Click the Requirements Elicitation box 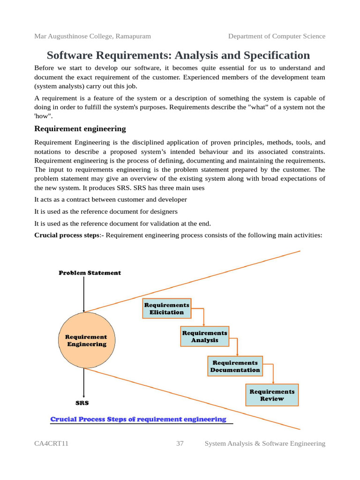[x=166, y=308]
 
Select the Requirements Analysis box [x=204, y=337]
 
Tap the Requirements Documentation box [x=235, y=366]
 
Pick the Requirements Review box [x=272, y=395]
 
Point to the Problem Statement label [x=90, y=273]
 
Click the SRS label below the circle [x=82, y=403]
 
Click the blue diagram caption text [x=138, y=419]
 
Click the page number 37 [x=180, y=443]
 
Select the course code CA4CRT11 [x=51, y=443]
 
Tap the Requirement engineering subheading [x=80, y=128]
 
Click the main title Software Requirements [x=179, y=55]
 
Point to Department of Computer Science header [x=277, y=36]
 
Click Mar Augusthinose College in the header [x=92, y=36]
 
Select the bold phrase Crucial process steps [x=66, y=235]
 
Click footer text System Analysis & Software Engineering [x=265, y=443]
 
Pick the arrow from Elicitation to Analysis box [x=204, y=317]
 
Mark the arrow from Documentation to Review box [x=273, y=374]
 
